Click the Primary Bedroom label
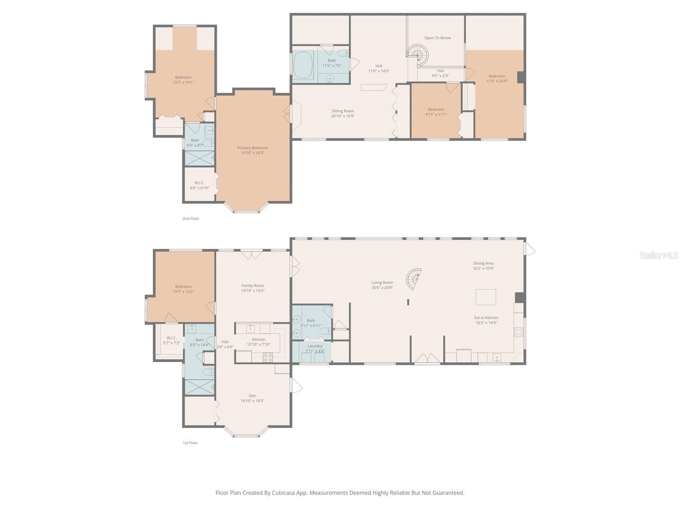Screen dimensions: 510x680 point(252,148)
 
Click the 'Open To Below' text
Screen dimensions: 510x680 point(437,38)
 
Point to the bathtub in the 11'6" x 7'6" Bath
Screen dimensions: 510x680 point(303,65)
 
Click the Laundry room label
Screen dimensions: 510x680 point(315,346)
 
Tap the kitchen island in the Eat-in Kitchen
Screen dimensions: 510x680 point(485,297)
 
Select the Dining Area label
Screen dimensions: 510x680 point(483,263)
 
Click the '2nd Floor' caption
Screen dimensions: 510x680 point(191,218)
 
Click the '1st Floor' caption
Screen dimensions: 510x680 point(190,443)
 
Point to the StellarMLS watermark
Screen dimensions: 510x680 point(659,255)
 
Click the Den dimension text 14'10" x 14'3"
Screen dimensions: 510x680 point(252,401)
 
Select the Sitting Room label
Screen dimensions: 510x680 point(343,111)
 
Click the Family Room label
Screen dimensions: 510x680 point(253,286)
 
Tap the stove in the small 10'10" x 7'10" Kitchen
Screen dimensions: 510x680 point(267,357)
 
